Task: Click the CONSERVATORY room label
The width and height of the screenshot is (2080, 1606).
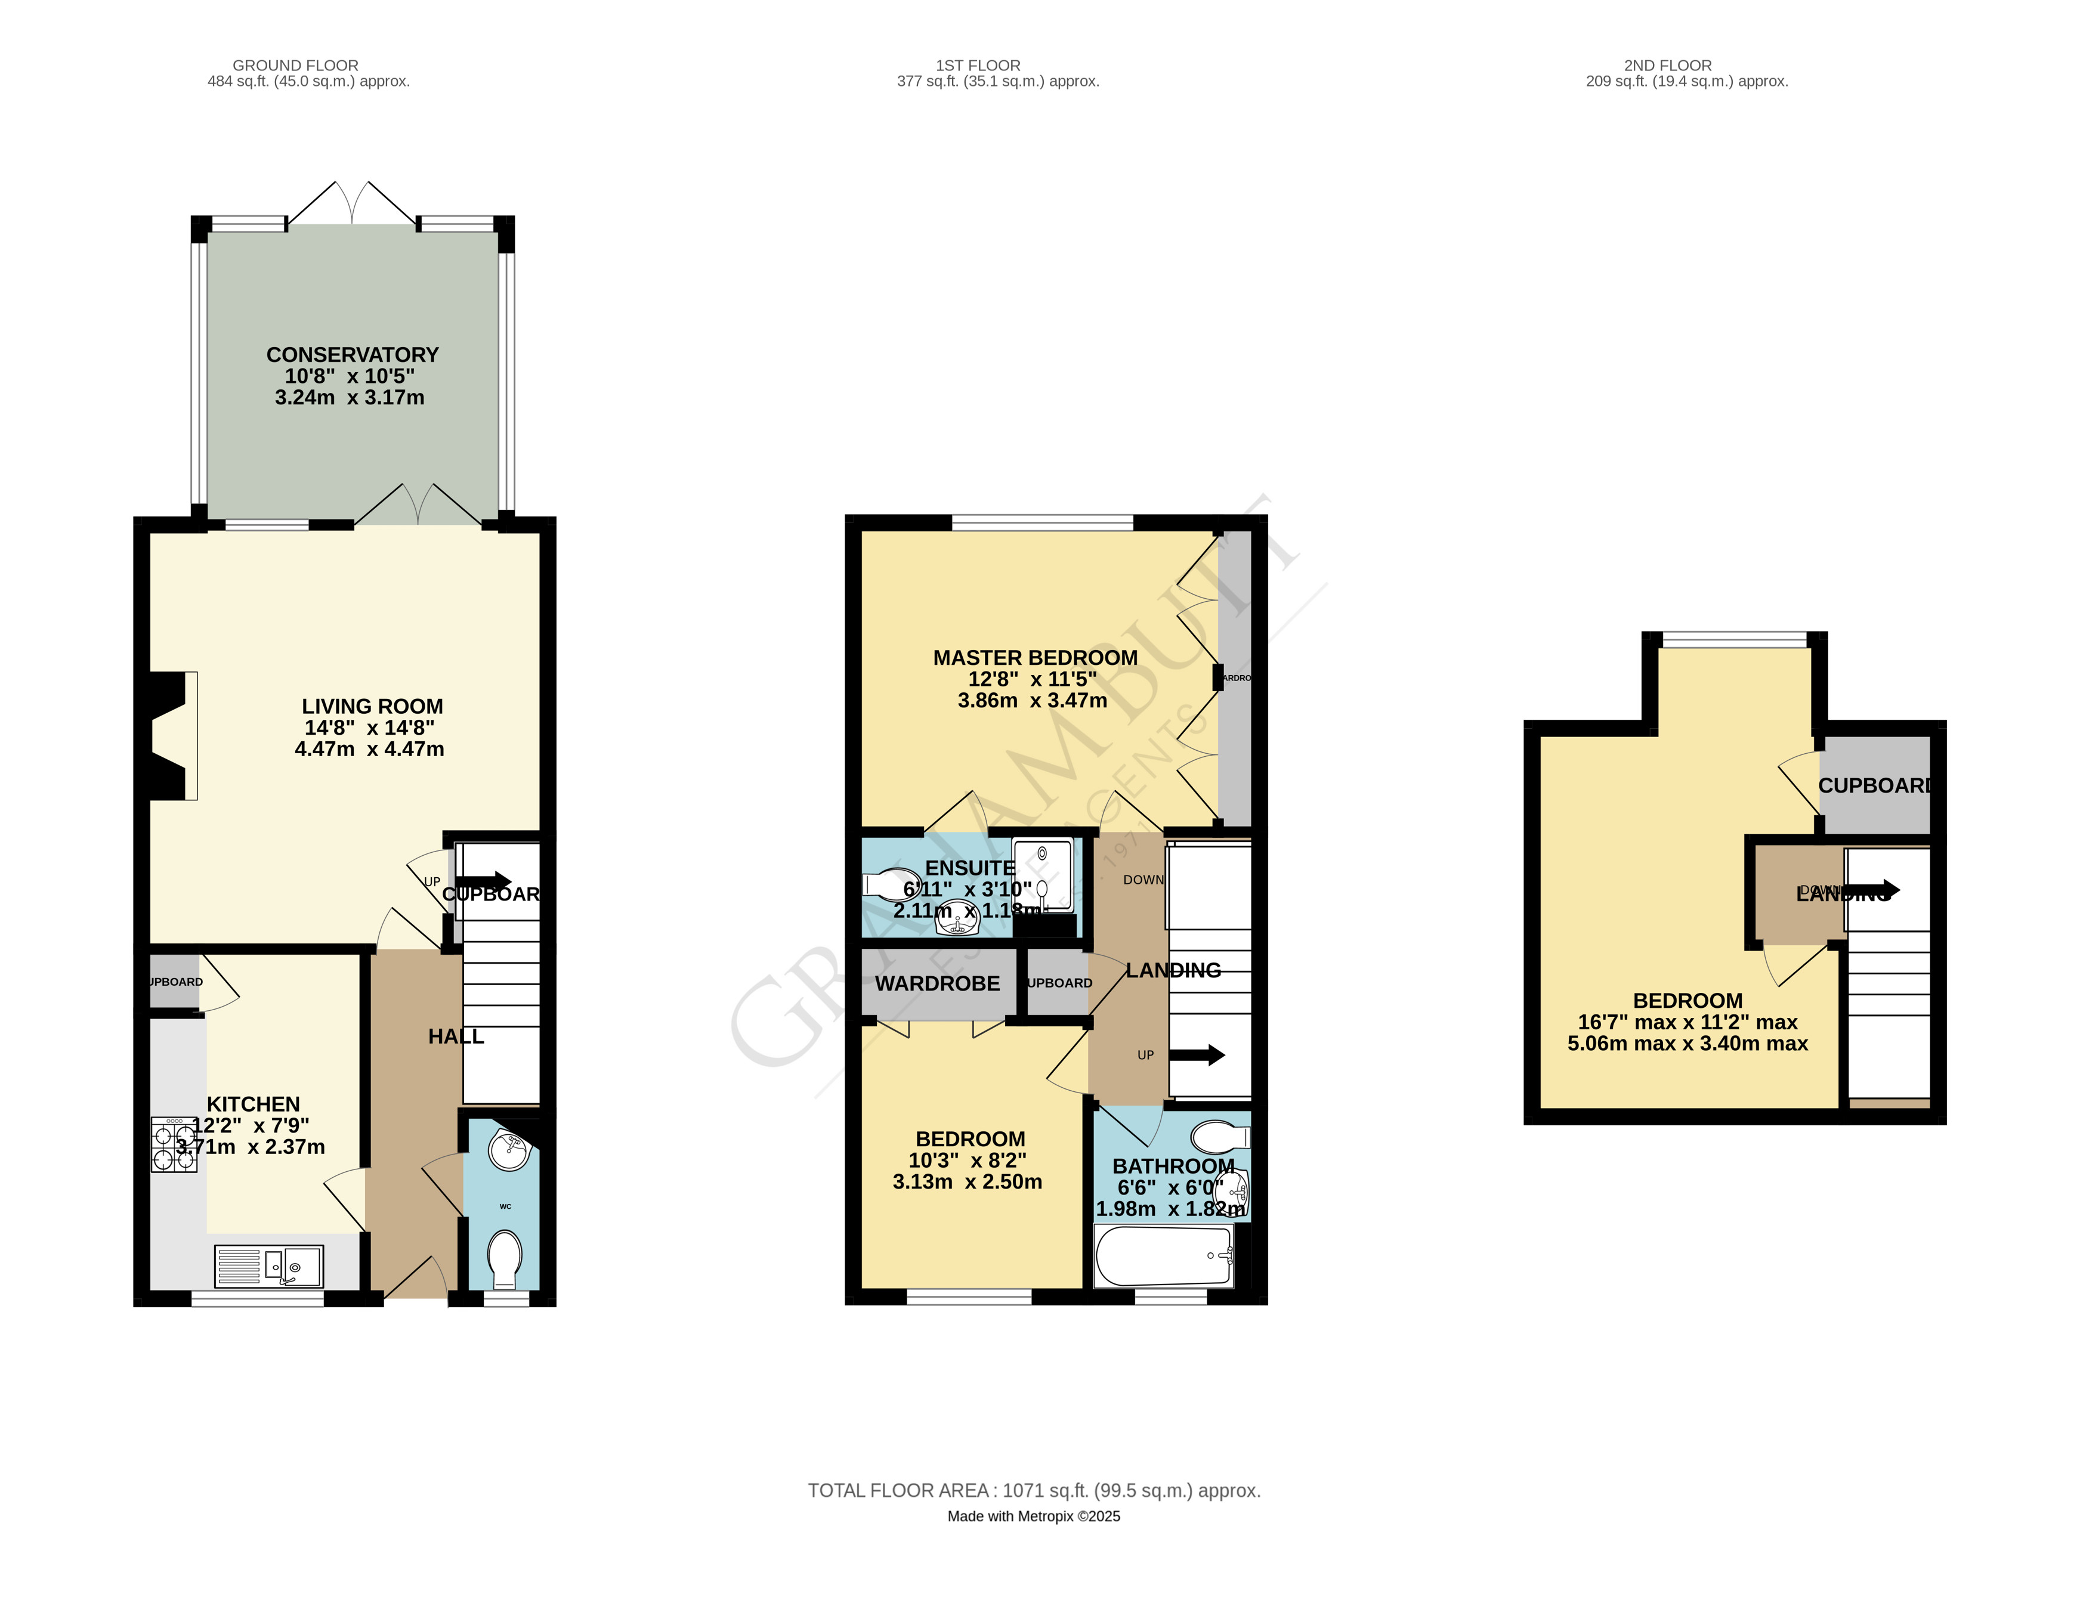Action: [x=353, y=355]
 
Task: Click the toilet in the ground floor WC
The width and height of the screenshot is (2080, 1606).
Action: [x=505, y=1258]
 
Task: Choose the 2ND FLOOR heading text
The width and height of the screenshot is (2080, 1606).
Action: [x=1668, y=66]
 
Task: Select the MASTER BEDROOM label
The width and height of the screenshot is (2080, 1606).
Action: [x=1036, y=658]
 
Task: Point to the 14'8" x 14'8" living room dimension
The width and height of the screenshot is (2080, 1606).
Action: [x=369, y=728]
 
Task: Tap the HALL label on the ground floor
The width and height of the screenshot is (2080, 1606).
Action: [x=456, y=1036]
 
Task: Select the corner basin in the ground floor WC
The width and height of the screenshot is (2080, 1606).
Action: [x=509, y=1150]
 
